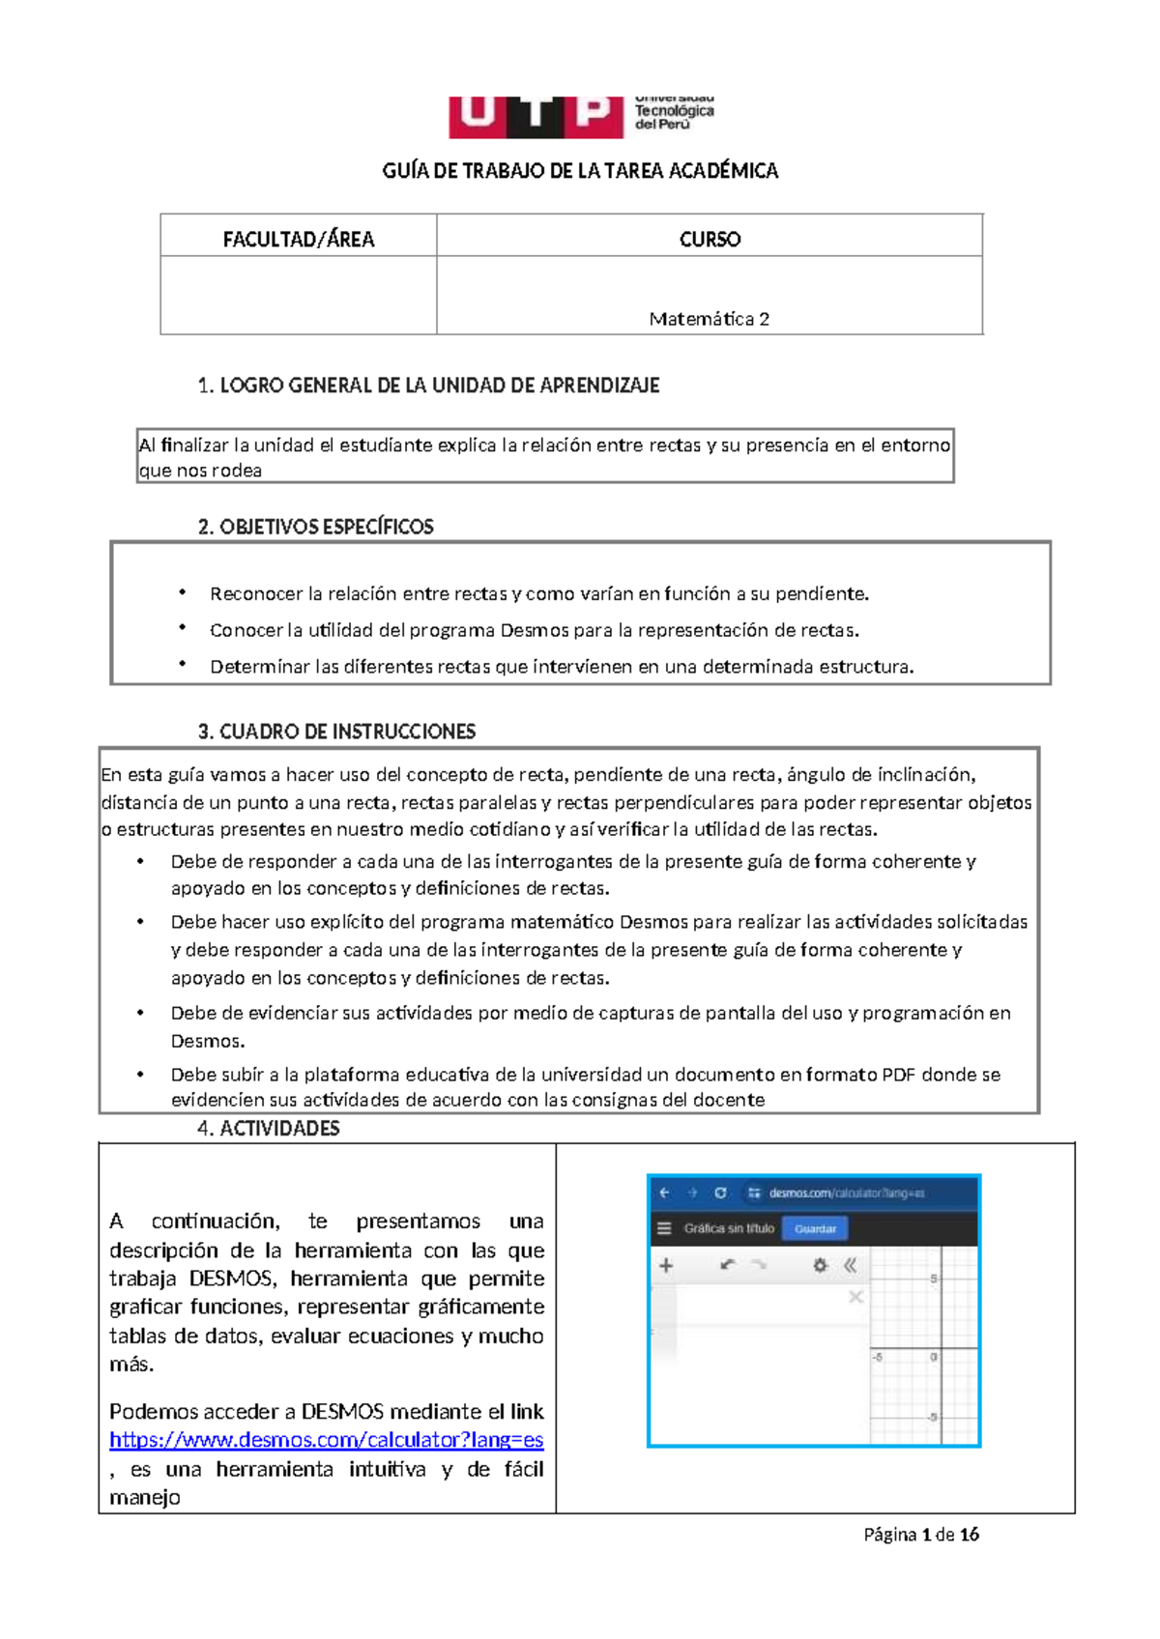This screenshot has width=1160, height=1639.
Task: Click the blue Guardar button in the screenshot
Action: point(815,1228)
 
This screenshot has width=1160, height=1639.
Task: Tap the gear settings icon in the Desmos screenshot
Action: point(820,1265)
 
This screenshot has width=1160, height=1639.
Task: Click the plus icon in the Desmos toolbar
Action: point(666,1265)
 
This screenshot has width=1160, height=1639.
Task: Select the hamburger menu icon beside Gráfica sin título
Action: point(664,1228)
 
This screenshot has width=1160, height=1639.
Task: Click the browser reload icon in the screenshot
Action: point(720,1193)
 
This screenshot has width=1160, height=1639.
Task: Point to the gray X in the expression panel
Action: point(855,1297)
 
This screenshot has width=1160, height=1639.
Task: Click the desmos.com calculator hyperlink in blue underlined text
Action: point(326,1440)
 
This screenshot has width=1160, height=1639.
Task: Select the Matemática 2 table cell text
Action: point(709,319)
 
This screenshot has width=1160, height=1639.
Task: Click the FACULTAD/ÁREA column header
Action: point(298,239)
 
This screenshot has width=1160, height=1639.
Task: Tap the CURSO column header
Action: point(709,239)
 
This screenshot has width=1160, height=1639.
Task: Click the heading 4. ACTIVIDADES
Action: point(269,1128)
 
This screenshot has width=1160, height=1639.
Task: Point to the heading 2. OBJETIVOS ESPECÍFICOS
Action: point(315,527)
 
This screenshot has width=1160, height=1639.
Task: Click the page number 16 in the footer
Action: point(970,1534)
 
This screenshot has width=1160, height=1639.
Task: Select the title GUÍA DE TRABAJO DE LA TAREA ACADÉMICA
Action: point(580,171)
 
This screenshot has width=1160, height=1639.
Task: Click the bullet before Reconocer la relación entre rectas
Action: point(182,592)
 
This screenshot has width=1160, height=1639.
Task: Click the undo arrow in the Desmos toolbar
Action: point(728,1265)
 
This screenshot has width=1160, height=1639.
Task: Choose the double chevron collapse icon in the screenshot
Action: point(851,1265)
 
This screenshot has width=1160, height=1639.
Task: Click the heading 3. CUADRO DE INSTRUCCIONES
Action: point(336,732)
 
